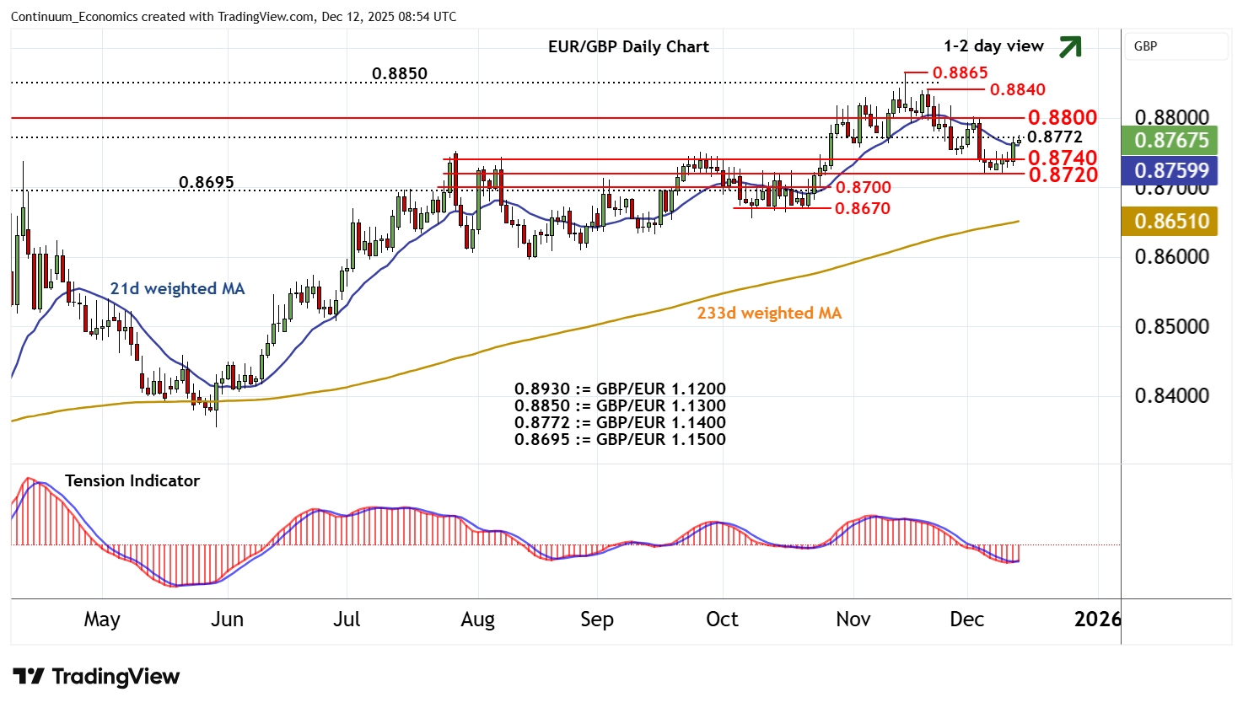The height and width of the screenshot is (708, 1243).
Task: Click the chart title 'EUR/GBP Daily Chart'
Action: pos(628,47)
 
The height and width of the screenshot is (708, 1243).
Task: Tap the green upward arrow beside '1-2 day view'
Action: pos(1069,47)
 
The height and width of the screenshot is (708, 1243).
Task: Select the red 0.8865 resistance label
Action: pos(960,73)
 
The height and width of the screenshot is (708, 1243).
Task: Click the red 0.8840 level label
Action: pos(1017,90)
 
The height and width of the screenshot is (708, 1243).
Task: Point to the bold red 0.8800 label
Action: pos(1062,118)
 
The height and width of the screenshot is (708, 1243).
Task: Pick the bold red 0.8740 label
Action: pos(1062,158)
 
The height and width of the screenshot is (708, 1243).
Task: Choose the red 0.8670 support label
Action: pos(862,208)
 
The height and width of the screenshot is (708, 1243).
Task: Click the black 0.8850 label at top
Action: pos(400,74)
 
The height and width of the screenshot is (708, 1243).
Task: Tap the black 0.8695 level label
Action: pos(207,183)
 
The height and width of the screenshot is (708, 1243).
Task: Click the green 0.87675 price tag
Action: pos(1171,140)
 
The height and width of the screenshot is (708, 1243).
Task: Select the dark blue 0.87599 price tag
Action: pos(1171,171)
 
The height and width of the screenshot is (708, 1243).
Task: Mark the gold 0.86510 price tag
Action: pos(1171,222)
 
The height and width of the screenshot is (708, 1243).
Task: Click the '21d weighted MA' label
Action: pos(177,289)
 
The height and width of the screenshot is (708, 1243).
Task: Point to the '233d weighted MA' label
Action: pos(769,314)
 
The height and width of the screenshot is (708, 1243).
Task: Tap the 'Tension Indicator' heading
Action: pos(132,481)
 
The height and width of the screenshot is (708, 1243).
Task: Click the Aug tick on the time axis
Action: pos(477,619)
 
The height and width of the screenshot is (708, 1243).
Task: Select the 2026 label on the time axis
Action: pos(1098,619)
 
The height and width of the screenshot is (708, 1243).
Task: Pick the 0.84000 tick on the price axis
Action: pos(1171,396)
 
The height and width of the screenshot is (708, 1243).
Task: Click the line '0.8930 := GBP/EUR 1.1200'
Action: pos(620,389)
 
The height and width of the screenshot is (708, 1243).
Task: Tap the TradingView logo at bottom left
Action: pos(96,677)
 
